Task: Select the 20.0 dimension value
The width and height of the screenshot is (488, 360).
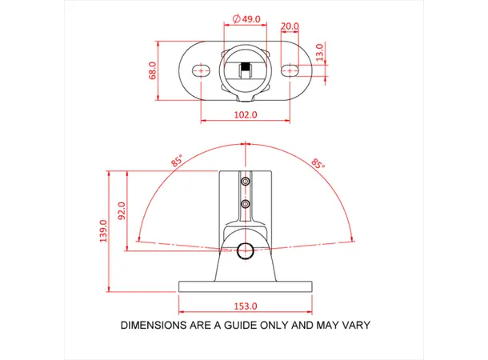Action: coord(290,26)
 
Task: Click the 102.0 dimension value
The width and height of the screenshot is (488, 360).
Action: coord(245,114)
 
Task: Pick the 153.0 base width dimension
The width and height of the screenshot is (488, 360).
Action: coord(245,306)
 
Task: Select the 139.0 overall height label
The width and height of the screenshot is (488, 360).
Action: coord(103,233)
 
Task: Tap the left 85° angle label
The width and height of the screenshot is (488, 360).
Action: coord(176,161)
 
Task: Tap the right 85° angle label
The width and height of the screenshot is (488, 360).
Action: coord(318,163)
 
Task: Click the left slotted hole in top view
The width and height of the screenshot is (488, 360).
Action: coord(200,70)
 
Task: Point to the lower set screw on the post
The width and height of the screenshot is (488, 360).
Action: coord(246,206)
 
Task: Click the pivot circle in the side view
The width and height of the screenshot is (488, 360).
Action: coord(246,250)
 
